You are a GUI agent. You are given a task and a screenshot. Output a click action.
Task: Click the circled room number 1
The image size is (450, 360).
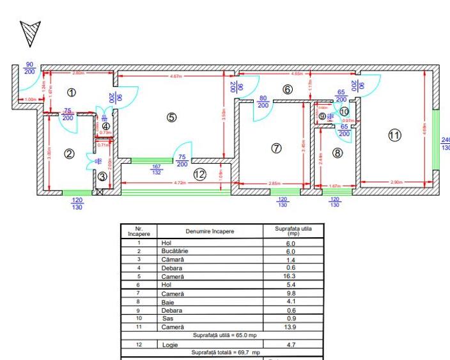(x=72, y=93)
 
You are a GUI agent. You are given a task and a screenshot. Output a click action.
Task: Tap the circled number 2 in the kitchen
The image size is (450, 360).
(x=70, y=153)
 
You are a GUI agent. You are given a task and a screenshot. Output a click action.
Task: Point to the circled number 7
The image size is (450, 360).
(x=276, y=148)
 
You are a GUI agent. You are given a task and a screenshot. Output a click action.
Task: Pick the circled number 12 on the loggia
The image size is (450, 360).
(x=200, y=174)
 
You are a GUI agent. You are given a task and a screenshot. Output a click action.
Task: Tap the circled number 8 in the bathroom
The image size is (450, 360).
(x=337, y=152)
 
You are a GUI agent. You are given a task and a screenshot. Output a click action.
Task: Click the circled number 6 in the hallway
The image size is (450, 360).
(x=288, y=90)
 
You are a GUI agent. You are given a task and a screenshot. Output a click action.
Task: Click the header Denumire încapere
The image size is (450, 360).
(x=210, y=231)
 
